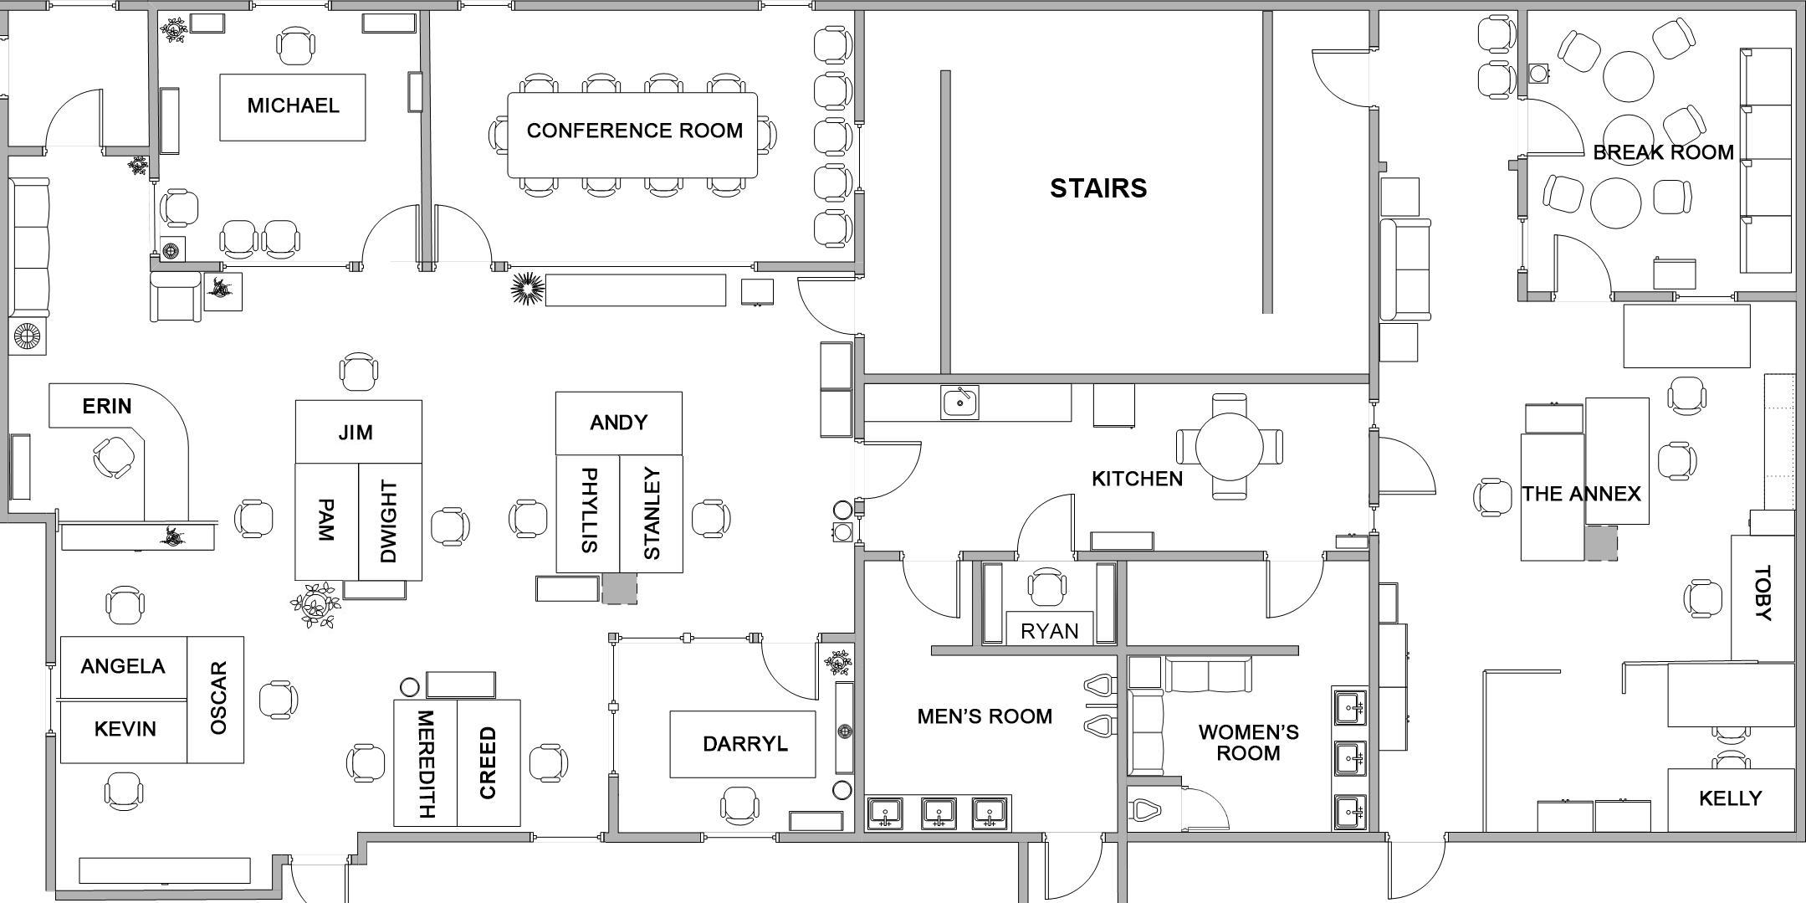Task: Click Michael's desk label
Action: [293, 105]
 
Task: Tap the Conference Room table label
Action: [634, 131]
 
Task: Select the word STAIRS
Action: [1097, 188]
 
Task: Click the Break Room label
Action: [1663, 152]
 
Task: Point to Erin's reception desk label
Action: [107, 407]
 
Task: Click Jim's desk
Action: [356, 432]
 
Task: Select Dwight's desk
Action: [389, 521]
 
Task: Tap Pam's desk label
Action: [326, 521]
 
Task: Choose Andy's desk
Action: [618, 423]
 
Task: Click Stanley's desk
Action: [652, 514]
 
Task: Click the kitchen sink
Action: [959, 403]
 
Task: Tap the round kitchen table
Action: [1229, 446]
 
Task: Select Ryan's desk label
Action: [1049, 631]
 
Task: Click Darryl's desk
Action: [744, 744]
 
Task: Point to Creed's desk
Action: [489, 762]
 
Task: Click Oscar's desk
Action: [217, 699]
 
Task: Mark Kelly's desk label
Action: [1730, 798]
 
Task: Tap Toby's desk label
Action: [1763, 593]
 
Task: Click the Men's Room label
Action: [984, 716]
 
